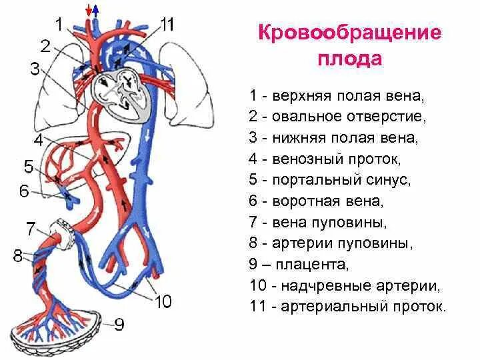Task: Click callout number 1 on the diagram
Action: click(59, 25)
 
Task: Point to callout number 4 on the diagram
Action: click(38, 141)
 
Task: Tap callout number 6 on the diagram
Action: click(25, 191)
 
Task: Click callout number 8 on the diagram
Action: click(17, 255)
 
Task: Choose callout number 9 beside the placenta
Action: click(119, 325)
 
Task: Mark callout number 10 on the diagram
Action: click(163, 302)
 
